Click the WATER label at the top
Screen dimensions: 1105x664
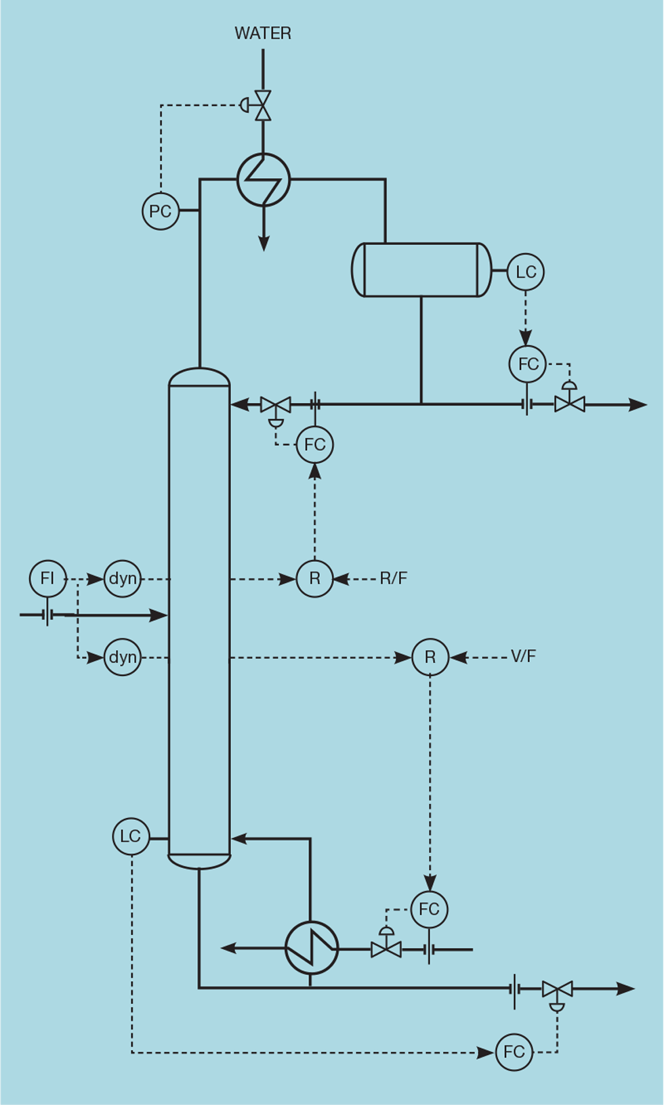point(263,33)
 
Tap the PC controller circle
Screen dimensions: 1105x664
point(161,211)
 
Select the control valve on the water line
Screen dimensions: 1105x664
point(263,106)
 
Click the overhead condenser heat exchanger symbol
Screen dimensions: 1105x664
point(264,179)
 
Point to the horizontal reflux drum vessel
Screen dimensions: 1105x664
point(421,269)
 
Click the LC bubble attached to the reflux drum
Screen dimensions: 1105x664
point(526,272)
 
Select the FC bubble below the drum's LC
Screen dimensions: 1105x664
point(528,364)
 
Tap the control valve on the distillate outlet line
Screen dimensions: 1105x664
point(569,404)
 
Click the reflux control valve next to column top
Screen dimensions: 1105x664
point(276,406)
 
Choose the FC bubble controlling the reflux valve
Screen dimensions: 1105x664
point(315,445)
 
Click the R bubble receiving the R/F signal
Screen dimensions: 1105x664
point(315,578)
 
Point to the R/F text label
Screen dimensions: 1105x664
point(393,578)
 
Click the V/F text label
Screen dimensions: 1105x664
point(523,656)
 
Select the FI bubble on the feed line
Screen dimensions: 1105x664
point(47,578)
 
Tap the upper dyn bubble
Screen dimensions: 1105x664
point(123,578)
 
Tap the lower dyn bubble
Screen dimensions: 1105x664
point(123,657)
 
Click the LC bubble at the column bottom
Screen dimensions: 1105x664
point(131,836)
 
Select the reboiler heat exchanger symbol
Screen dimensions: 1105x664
point(312,948)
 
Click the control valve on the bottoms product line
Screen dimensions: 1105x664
point(557,989)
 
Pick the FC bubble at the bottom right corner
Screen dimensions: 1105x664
point(514,1052)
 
